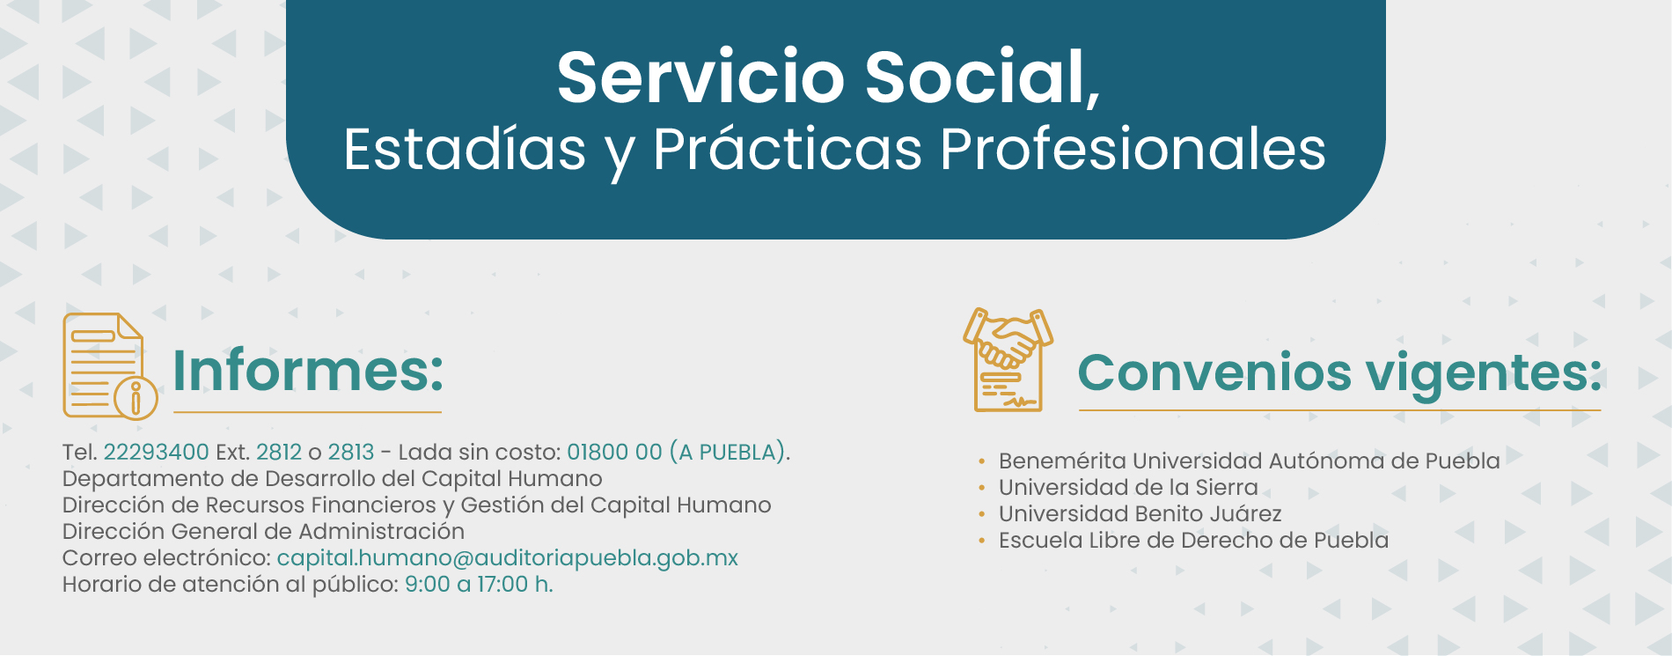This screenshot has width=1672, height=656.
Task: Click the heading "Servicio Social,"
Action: [828, 78]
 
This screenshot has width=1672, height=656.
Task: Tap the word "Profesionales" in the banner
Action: [1133, 149]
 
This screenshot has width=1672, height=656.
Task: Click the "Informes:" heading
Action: [308, 371]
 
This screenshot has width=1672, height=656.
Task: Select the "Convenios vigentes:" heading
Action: [1339, 372]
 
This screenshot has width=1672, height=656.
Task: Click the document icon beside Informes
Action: [110, 365]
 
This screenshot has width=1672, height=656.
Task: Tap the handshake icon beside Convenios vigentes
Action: [1008, 360]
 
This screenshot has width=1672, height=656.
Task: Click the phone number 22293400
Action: [156, 453]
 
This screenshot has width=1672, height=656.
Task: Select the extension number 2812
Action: [279, 453]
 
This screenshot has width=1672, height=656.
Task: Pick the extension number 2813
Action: [351, 453]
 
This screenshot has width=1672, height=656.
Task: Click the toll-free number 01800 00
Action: [614, 453]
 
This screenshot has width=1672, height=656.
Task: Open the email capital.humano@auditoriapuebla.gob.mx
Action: [507, 558]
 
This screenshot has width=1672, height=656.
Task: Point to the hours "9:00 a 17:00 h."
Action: [479, 585]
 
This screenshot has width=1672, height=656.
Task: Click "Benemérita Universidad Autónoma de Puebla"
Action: [1249, 461]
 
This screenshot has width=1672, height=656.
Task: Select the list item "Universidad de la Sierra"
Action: [1128, 488]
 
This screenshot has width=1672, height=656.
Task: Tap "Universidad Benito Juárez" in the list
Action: [1140, 514]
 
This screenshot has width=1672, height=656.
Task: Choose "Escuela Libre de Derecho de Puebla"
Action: [1193, 541]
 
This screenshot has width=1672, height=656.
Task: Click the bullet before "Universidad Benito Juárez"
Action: [982, 514]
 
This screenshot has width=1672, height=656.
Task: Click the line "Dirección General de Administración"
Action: [263, 532]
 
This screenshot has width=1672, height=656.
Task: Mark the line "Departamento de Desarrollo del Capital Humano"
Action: [333, 479]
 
